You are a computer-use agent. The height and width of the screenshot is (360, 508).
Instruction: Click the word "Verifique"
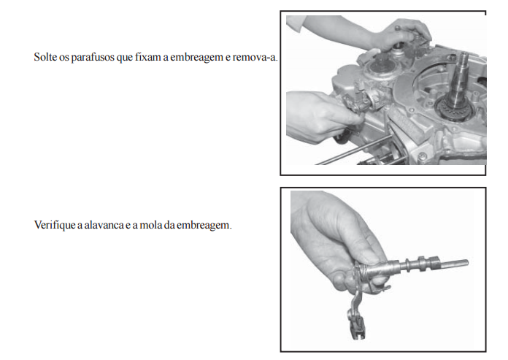pos(55,225)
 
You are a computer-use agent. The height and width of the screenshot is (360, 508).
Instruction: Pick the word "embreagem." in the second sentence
pos(204,225)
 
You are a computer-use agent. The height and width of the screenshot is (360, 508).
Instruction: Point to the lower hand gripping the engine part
pos(320,116)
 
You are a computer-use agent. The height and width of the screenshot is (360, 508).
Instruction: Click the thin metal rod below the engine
pos(354,150)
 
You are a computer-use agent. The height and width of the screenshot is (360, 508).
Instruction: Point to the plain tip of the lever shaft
pos(453,263)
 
